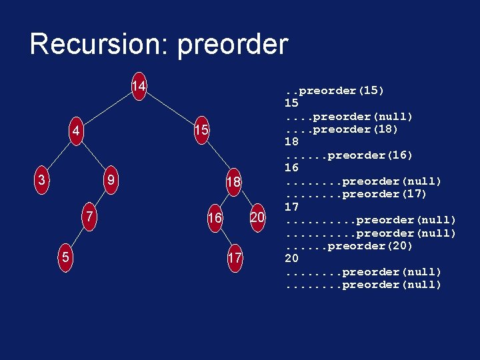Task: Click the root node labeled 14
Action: (x=139, y=87)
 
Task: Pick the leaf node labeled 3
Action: (x=42, y=180)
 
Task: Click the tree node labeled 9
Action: (x=113, y=180)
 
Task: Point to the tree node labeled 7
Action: (x=88, y=217)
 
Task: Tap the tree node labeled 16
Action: (x=214, y=218)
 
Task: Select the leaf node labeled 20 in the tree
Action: (x=257, y=217)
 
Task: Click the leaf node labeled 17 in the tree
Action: (x=234, y=257)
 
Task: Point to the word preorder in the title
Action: (x=233, y=45)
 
